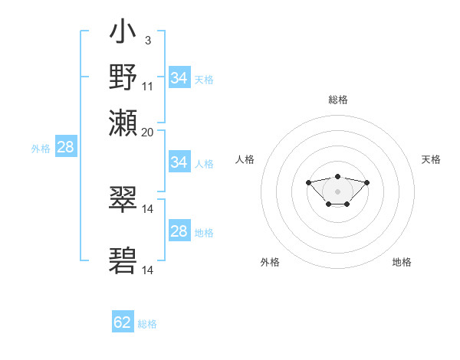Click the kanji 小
123,34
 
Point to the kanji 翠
123,201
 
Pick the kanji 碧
123,261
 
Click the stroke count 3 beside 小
147,41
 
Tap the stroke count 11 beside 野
148,86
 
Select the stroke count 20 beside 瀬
148,132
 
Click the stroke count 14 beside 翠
148,209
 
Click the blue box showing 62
123,322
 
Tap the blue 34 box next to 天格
179,78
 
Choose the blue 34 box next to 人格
179,162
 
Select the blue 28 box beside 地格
179,231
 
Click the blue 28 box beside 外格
65,147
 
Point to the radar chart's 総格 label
337,100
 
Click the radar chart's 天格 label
431,159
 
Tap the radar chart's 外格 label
270,262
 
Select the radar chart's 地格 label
402,262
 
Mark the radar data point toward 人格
308,182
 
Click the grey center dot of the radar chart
337,191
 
